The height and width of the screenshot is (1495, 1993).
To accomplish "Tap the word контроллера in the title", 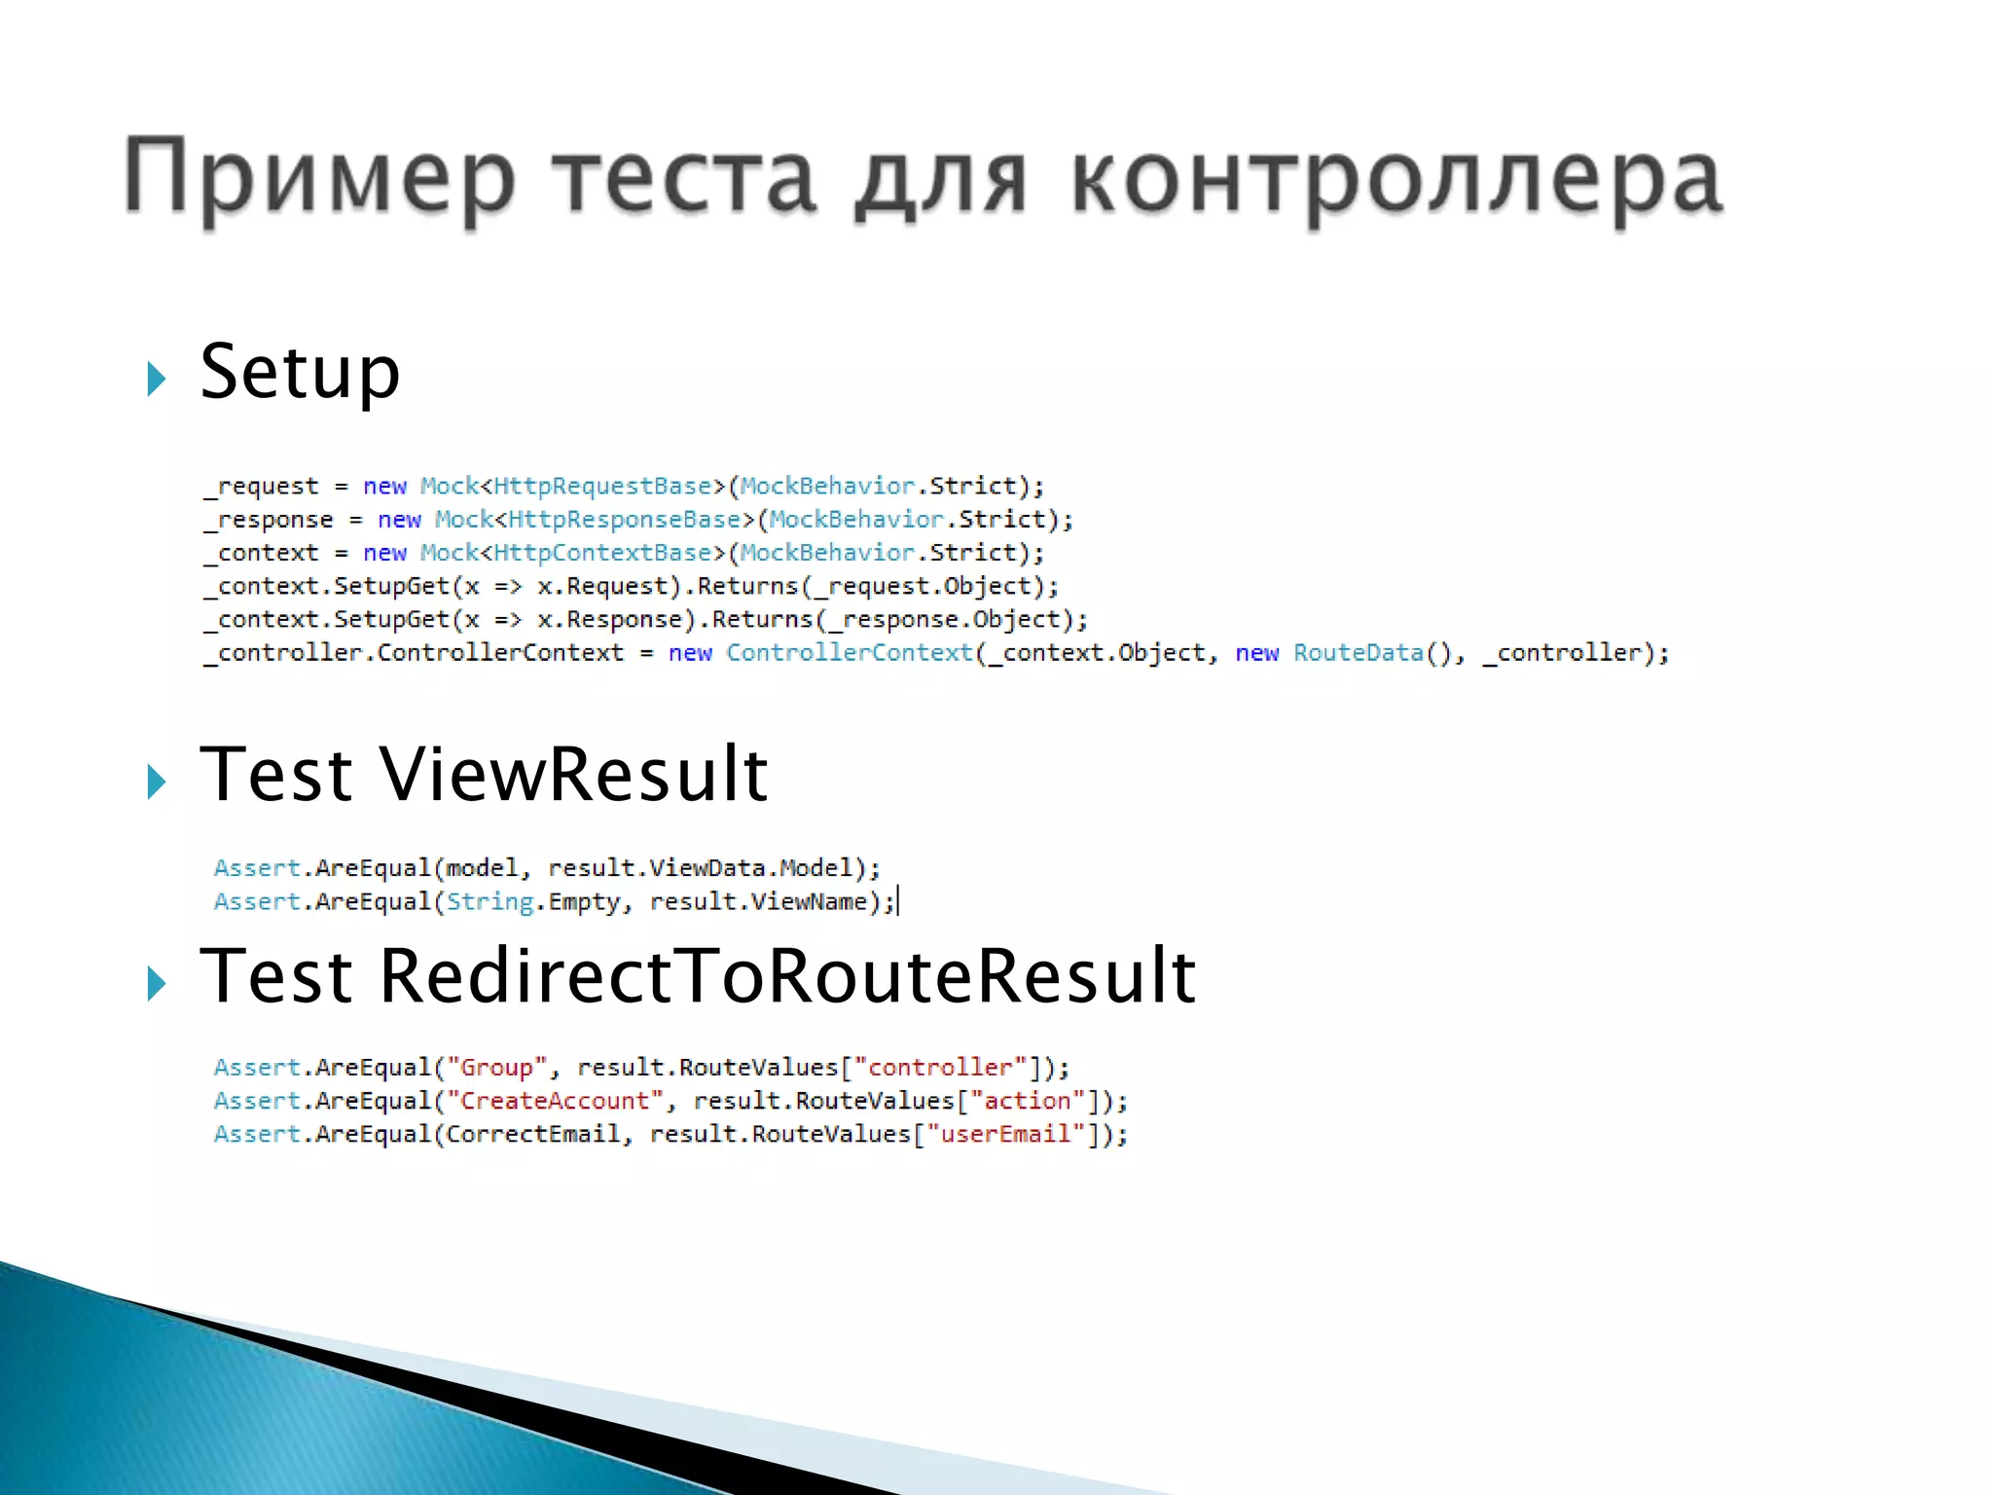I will (x=1397, y=179).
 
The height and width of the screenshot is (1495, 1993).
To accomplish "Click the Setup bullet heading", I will (x=300, y=373).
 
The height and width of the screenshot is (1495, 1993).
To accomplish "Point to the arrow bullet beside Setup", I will (x=156, y=379).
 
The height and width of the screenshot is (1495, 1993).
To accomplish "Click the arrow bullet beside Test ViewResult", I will (x=156, y=782).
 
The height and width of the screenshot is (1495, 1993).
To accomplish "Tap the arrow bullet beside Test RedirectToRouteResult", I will (x=156, y=984).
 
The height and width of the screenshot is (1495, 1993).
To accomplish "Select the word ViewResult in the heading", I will (x=574, y=775).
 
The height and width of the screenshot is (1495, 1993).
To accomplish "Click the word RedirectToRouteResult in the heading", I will (x=787, y=976).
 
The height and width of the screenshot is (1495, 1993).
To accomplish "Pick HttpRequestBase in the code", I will (x=603, y=486).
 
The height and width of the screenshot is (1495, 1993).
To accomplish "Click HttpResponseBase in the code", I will (x=625, y=520).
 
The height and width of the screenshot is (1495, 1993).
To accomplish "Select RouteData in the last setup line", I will (x=1358, y=653).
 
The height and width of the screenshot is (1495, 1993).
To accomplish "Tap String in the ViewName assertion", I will (x=490, y=902).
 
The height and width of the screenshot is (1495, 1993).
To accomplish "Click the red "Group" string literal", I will (x=496, y=1068).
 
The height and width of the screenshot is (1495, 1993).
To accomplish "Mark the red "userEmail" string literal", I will (x=1005, y=1134).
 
